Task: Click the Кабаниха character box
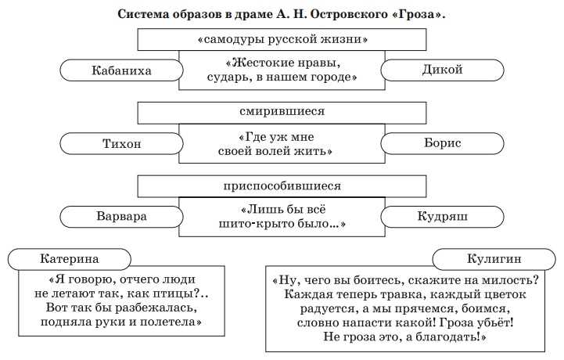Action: click(x=120, y=70)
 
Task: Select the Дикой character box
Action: click(x=441, y=70)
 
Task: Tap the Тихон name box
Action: click(x=120, y=143)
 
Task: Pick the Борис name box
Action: click(x=441, y=143)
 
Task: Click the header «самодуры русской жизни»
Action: click(x=282, y=38)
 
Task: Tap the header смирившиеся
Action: click(x=282, y=111)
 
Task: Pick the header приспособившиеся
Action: click(x=282, y=185)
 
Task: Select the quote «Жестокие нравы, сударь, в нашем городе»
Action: click(x=282, y=70)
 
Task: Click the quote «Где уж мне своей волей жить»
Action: click(x=282, y=143)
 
